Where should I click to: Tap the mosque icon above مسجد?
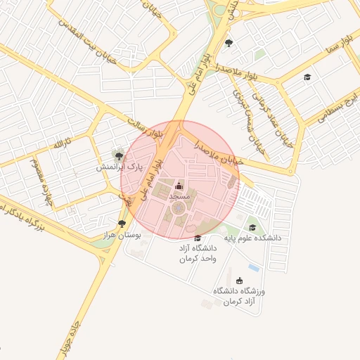point(179,186)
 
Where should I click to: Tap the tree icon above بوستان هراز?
point(122,224)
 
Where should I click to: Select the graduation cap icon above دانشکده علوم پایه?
point(252,227)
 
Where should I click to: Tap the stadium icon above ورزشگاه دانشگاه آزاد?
point(239,281)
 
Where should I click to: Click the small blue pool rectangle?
point(254,269)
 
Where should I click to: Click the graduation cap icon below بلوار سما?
point(306,77)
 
